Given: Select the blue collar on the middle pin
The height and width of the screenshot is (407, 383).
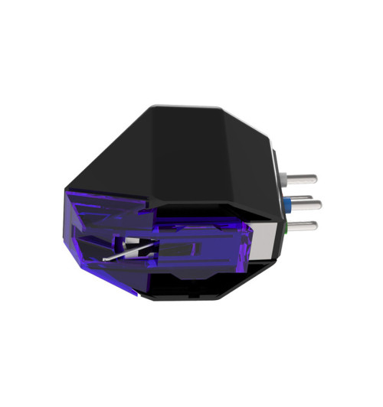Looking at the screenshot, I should [286, 204].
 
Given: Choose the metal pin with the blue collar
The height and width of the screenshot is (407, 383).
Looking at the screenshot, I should [305, 204].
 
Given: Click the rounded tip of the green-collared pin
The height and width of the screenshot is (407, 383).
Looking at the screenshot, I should [315, 224].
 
